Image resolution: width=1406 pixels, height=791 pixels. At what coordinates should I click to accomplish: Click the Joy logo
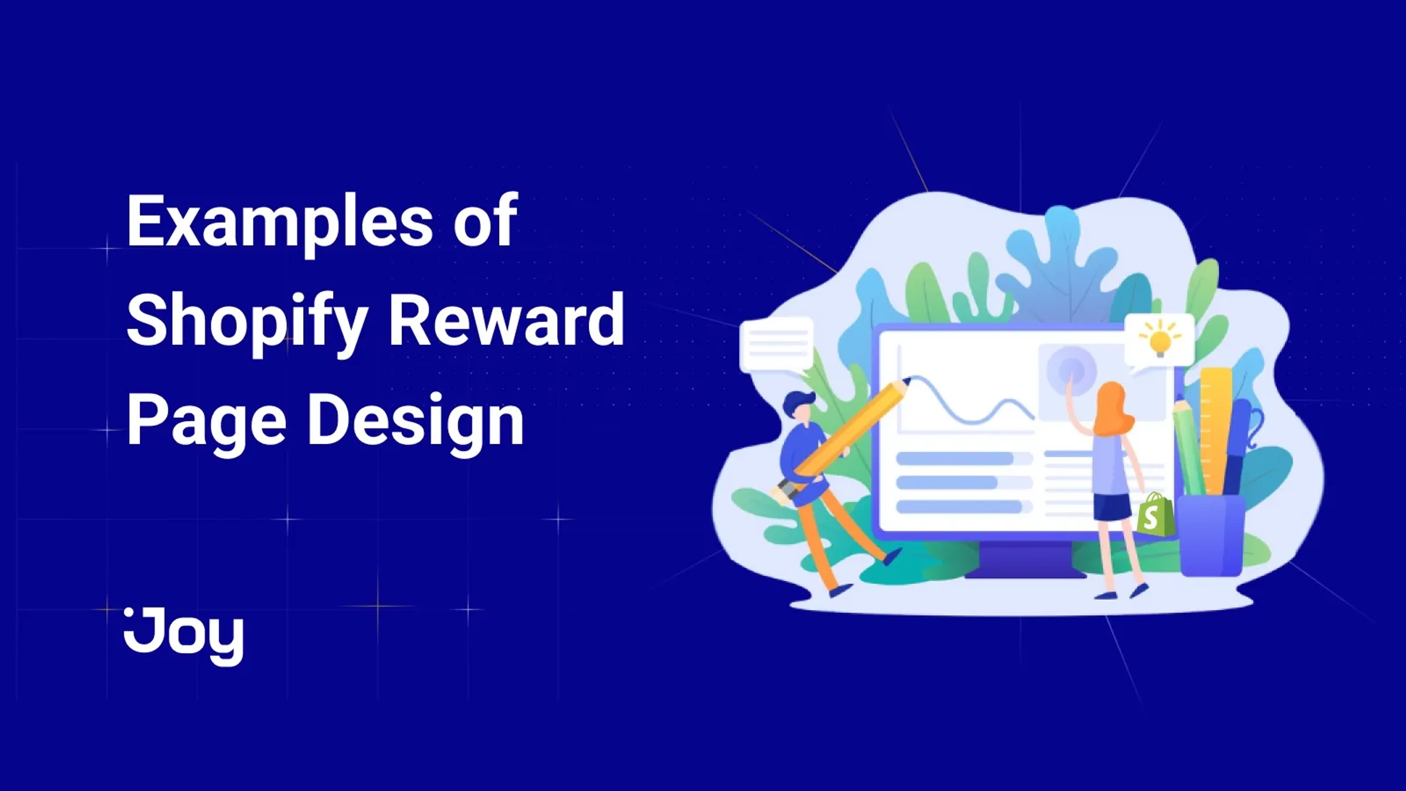pos(184,636)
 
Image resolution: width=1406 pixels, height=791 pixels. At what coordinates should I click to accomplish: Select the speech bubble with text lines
pos(776,344)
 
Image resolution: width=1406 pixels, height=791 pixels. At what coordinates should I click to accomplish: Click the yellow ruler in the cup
pos(1215,431)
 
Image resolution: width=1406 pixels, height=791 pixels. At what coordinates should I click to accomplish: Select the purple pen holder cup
pos(1210,535)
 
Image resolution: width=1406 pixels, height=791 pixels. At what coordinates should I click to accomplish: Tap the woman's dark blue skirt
pos(1112,506)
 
